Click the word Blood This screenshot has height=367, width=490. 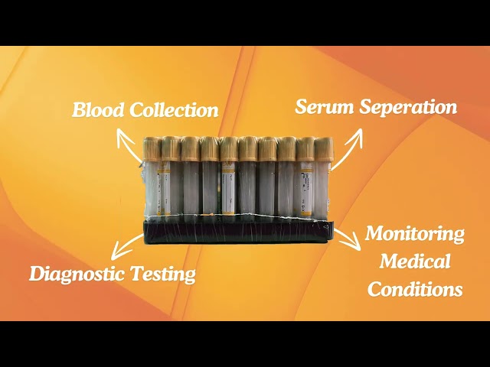pos(98,110)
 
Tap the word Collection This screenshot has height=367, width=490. pos(174,110)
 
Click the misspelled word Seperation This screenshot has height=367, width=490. pos(408,108)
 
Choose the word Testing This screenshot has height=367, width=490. pos(163,274)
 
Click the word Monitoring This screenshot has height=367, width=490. pos(415,235)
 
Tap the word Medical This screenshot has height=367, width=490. pos(415,261)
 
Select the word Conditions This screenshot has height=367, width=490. pos(415,289)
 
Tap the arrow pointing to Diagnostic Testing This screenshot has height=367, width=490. pos(126,246)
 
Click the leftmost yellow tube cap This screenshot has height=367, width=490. pos(152,149)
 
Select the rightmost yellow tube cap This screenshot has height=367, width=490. pos(324,149)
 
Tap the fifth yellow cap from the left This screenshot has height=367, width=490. pos(228,149)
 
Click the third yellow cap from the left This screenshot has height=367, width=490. pos(190,149)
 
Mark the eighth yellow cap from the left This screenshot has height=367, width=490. pos(286,149)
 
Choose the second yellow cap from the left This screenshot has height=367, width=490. pos(171,148)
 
